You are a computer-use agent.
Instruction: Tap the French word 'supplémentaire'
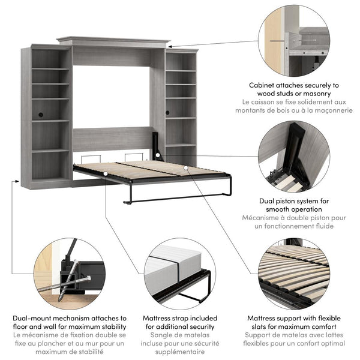tap(180, 353)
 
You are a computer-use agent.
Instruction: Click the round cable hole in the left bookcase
tap(41, 114)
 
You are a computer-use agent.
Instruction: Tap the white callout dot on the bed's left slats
tap(105, 174)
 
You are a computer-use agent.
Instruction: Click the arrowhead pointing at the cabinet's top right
tap(170, 46)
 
